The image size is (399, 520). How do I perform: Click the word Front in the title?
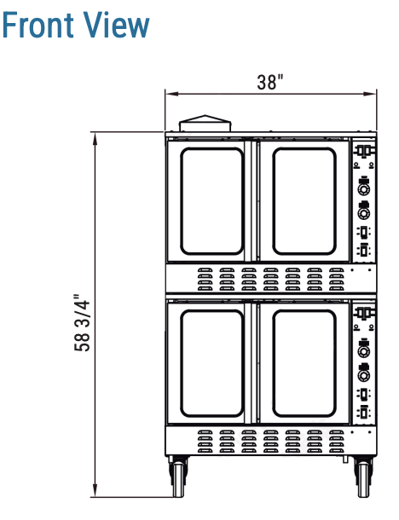[38, 25]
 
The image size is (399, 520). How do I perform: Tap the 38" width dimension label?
[270, 82]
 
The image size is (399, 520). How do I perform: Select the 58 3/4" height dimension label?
[82, 323]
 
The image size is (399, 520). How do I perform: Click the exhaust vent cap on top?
[205, 124]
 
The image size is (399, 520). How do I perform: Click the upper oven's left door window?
[212, 201]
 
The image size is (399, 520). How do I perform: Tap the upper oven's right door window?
[304, 201]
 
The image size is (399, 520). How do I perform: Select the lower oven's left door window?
[212, 363]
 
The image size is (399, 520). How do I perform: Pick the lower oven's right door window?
[304, 363]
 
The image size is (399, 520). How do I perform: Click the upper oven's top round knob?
[364, 189]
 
